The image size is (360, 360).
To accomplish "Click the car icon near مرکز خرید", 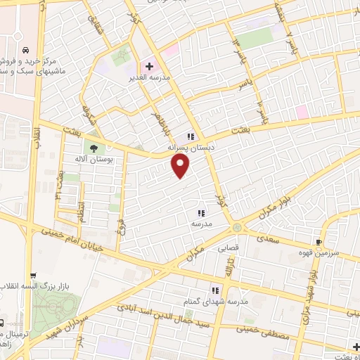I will coord(25,51).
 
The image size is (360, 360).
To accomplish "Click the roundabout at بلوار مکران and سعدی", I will coord(237,227).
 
